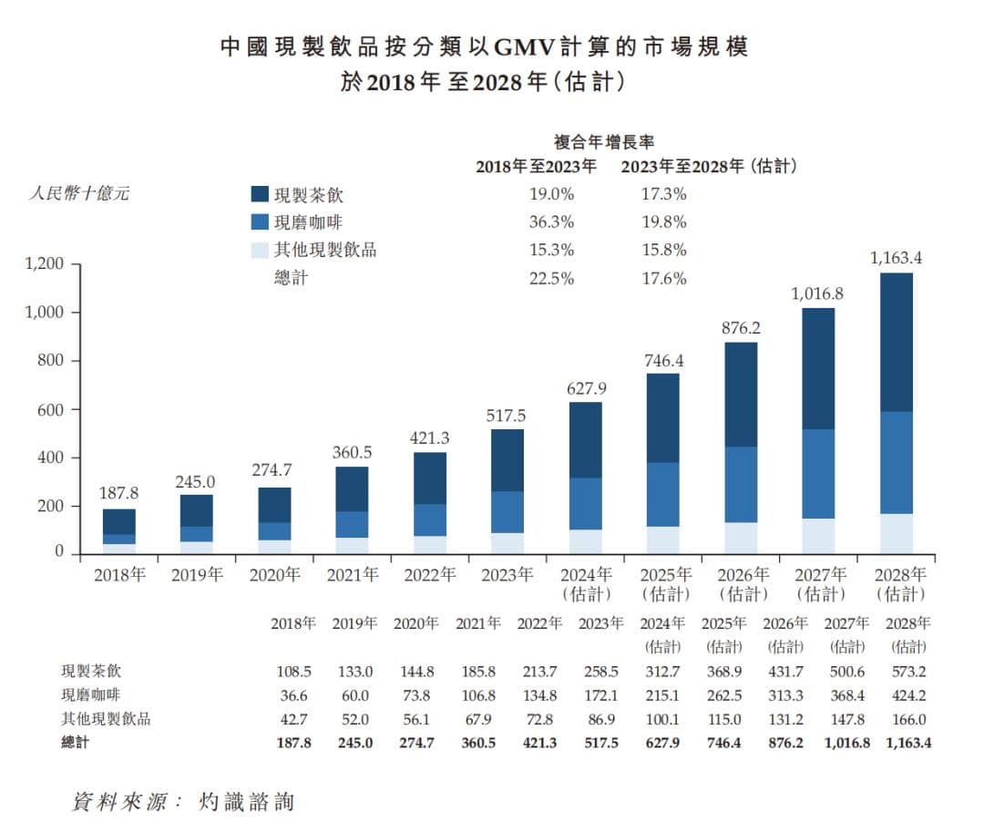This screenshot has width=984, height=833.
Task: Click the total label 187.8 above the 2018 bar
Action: [118, 493]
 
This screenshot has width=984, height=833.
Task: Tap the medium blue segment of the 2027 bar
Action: [818, 474]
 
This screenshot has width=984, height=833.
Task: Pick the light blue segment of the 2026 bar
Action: [741, 537]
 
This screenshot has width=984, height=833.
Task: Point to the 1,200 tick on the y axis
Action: [45, 265]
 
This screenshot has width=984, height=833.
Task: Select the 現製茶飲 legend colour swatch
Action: [259, 195]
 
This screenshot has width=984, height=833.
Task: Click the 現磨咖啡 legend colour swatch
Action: [259, 222]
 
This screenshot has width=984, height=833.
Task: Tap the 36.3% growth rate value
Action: [552, 222]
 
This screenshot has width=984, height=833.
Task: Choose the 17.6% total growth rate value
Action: [664, 279]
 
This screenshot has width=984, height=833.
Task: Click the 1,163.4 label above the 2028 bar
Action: [897, 259]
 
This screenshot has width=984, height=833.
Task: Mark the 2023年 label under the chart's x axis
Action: [507, 575]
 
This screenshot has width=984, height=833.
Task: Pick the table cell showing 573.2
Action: [908, 672]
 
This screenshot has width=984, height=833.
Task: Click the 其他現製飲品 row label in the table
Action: [106, 719]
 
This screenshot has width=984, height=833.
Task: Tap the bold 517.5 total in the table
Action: [600, 743]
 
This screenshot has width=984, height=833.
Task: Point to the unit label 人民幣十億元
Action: [79, 194]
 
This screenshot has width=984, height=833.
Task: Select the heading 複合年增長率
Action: [605, 142]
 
